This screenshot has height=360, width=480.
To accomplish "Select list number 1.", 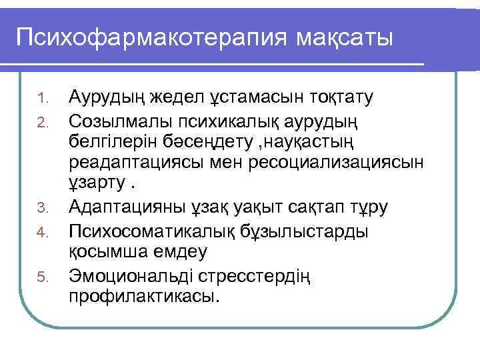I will [42, 100].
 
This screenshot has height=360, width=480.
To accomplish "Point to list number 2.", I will [42, 121].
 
